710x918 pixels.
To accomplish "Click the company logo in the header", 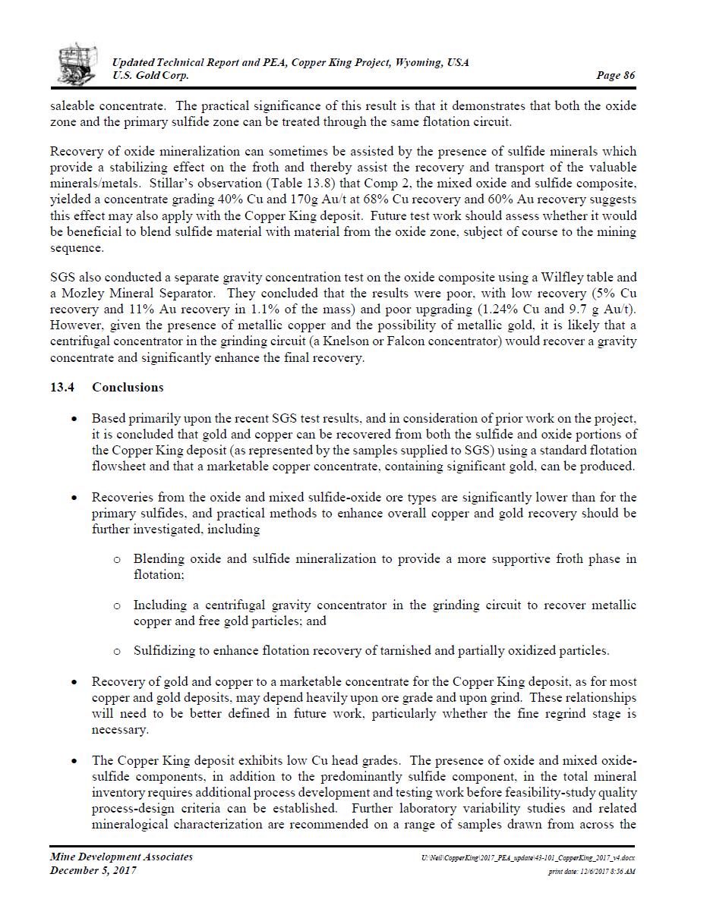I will coord(77,64).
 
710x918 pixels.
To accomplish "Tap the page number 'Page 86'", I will coord(616,75).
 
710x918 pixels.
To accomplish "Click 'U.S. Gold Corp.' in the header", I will coord(150,75).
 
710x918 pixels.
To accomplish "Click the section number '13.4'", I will coord(62,388).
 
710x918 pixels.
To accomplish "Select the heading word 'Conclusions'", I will coord(128,388).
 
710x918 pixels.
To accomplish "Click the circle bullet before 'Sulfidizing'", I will coord(117,651).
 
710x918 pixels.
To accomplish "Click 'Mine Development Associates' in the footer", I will coord(121,857).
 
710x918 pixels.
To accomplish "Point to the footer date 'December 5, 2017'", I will coord(93,871).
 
